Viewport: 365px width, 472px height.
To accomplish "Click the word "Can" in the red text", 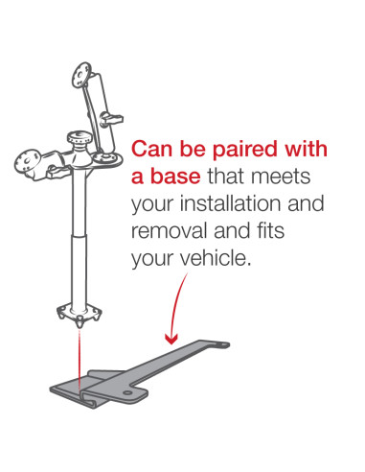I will pyautogui.click(x=153, y=151).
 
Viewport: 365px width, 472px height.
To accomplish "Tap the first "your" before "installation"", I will pyautogui.click(x=152, y=205).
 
